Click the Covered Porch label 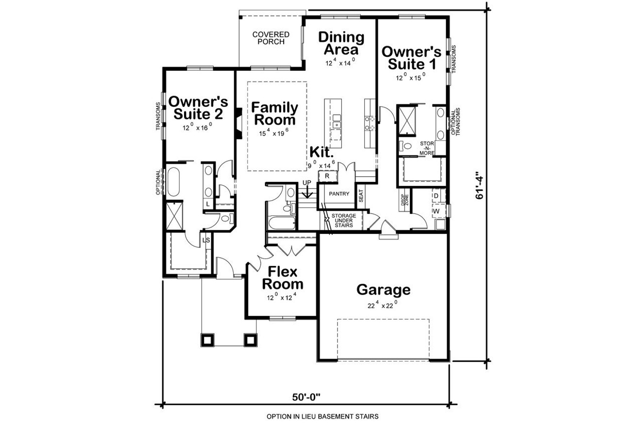point(270,38)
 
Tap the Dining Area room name point(341,43)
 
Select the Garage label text point(383,290)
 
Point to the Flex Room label point(283,278)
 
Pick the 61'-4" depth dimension point(480,184)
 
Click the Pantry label point(339,194)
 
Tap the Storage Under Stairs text point(344,219)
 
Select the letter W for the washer point(436,211)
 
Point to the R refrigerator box point(327,176)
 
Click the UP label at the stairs point(306,182)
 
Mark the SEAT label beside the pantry point(361,196)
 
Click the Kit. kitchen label point(321,153)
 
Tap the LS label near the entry point(206,240)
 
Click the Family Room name point(274,113)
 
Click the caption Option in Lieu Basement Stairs point(322,416)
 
